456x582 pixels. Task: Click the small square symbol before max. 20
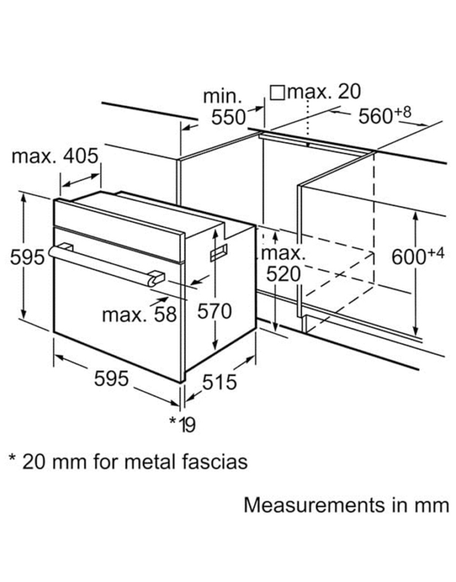click(277, 92)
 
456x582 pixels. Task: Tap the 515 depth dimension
click(219, 382)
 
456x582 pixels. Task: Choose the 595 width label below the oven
click(111, 379)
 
